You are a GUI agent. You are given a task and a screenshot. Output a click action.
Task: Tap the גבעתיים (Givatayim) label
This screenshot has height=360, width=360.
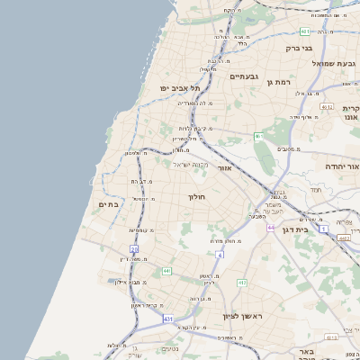pyautogui.click(x=244, y=76)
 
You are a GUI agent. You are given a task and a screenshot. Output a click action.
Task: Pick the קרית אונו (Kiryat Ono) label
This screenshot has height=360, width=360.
pyautogui.click(x=351, y=112)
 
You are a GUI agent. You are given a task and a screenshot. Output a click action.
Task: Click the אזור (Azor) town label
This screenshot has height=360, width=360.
pyautogui.click(x=225, y=168)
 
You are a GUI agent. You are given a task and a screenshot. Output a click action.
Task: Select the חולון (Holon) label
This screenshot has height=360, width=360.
pyautogui.click(x=197, y=196)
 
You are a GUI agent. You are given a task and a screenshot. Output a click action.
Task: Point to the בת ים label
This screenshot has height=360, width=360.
pyautogui.click(x=108, y=204)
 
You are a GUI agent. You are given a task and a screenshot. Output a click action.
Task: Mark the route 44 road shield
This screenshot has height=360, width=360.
pyautogui.click(x=269, y=228)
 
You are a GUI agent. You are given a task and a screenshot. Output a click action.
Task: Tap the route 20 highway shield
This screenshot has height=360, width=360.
pyautogui.click(x=134, y=248)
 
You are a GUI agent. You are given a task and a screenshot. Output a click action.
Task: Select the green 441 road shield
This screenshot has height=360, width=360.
pyautogui.click(x=166, y=271)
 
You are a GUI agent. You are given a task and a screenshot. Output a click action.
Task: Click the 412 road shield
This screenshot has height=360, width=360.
pyautogui.click(x=242, y=283)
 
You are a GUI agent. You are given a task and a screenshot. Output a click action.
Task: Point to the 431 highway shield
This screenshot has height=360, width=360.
pyautogui.click(x=168, y=318)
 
